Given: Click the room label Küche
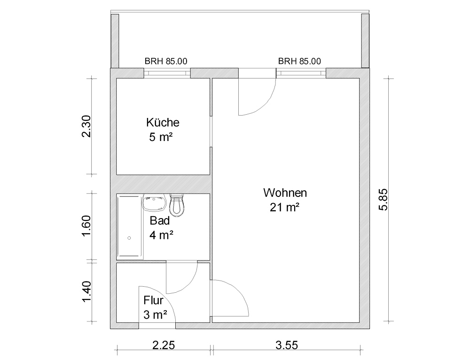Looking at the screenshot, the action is (163, 122).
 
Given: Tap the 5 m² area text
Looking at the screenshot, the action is (161, 137).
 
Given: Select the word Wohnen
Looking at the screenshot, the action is (285, 193).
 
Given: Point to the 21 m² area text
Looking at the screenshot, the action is (285, 207).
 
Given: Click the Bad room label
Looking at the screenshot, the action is (160, 220).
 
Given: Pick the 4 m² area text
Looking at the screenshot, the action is (161, 235).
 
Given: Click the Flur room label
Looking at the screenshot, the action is (154, 300).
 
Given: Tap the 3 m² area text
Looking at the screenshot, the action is (155, 315).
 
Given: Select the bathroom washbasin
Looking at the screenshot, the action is (155, 203).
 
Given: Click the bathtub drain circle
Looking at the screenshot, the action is (129, 238).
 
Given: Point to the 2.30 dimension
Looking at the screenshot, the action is (86, 126).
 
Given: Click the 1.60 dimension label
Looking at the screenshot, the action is (86, 226).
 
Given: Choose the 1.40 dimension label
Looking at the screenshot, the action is (86, 292).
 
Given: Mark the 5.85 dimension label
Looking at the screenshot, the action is (384, 200).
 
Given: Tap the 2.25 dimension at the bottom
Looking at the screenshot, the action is (164, 345).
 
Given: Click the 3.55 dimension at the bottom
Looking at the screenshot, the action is (287, 345).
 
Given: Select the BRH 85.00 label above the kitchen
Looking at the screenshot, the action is (166, 62).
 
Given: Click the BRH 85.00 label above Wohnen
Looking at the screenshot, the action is (299, 62).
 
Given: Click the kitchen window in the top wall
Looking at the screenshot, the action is (167, 73).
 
